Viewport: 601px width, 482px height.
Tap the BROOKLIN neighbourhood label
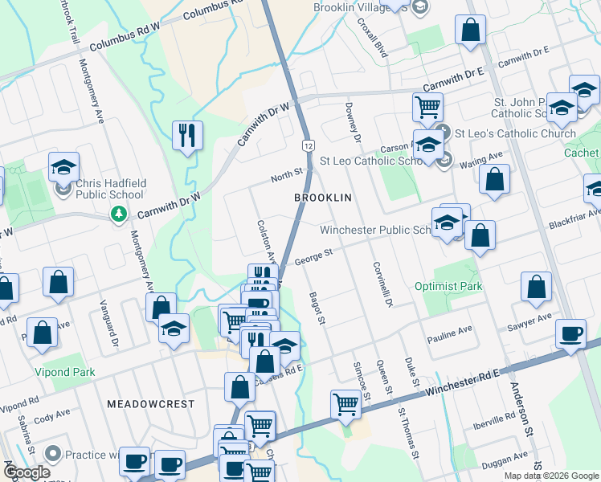click(x=324, y=197)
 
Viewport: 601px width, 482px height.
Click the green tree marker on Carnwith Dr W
click(x=119, y=214)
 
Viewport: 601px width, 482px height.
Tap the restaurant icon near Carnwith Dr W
click(x=188, y=135)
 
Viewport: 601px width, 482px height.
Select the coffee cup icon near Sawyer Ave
click(x=571, y=334)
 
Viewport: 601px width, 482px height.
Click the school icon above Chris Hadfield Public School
click(x=63, y=167)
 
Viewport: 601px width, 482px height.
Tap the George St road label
click(x=313, y=258)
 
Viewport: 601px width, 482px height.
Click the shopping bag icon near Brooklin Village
click(x=470, y=31)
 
